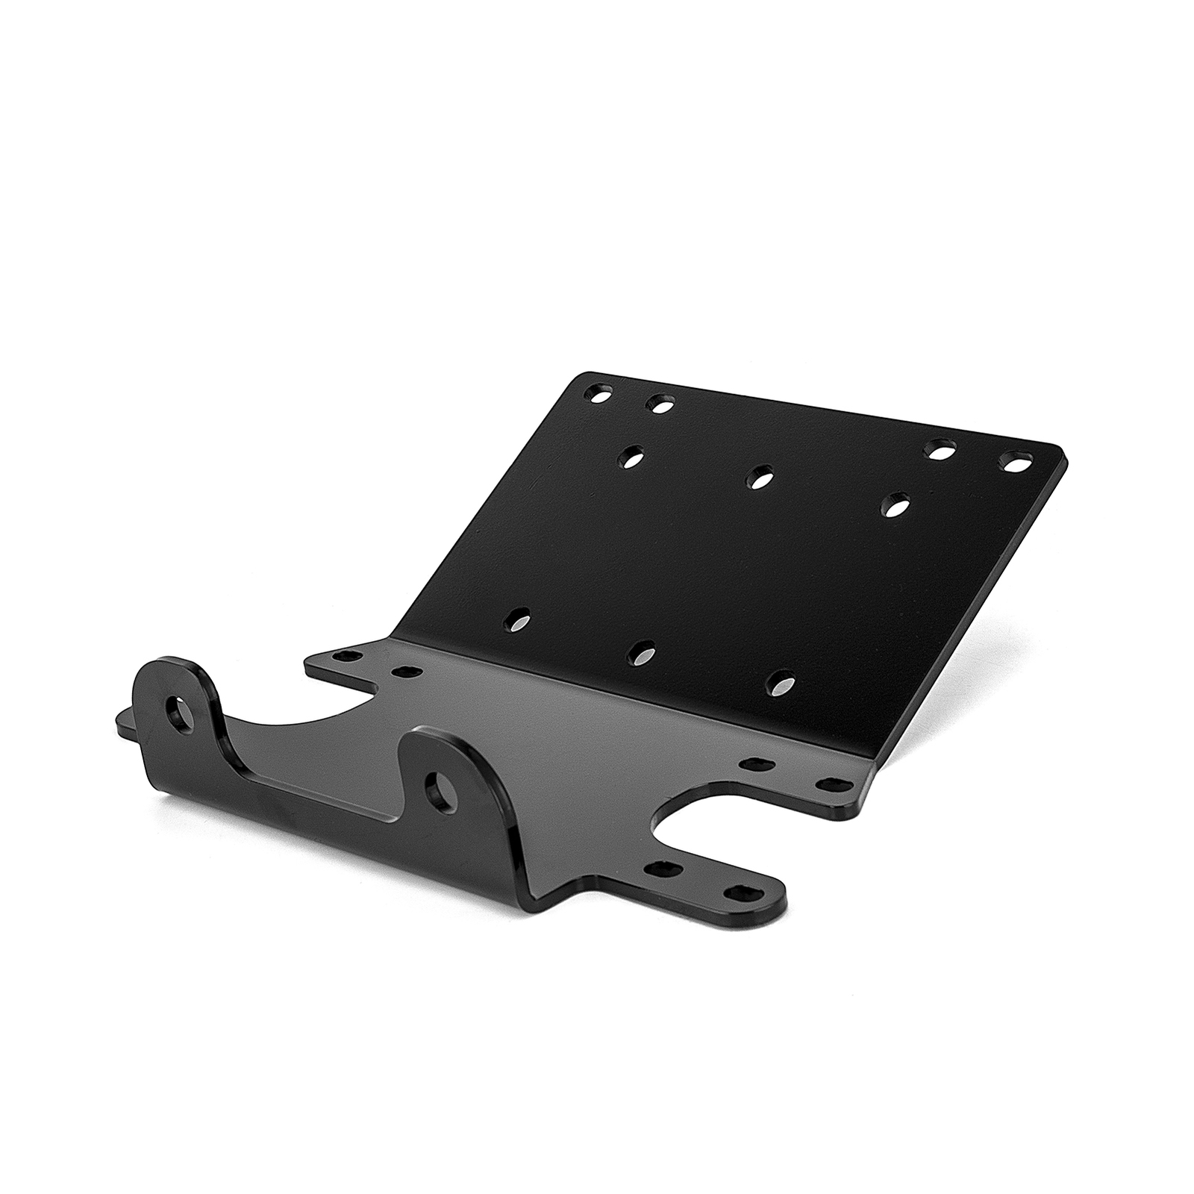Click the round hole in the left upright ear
pyautogui.click(x=179, y=712)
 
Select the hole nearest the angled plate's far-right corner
pyautogui.click(x=1014, y=463)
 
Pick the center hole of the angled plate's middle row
pyautogui.click(x=760, y=478)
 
